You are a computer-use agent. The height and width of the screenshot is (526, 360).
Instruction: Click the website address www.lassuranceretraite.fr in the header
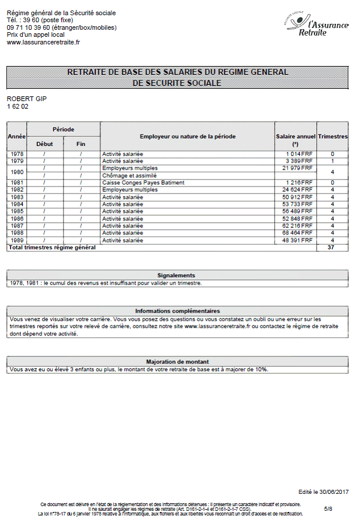(x=43, y=42)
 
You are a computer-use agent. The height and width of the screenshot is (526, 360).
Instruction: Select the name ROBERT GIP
(x=26, y=99)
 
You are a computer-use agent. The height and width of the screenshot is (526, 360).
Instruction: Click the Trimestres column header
(x=333, y=136)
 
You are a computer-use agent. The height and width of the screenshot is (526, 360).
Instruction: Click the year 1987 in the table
(x=16, y=226)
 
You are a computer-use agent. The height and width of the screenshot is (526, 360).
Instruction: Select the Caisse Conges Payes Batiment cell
(x=143, y=183)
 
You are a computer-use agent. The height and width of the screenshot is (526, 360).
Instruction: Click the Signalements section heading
(x=176, y=275)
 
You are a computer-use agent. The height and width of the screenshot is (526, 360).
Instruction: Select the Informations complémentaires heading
(x=177, y=311)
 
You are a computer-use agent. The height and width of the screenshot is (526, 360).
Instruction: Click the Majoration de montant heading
(x=177, y=362)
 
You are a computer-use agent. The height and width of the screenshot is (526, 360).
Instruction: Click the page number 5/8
(x=328, y=509)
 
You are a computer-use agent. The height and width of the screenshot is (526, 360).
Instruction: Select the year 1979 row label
(x=16, y=161)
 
